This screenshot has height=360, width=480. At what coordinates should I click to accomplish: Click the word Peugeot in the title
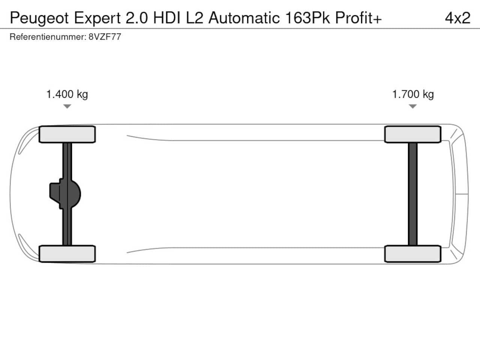(39, 18)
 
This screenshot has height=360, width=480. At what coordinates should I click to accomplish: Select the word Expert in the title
(97, 18)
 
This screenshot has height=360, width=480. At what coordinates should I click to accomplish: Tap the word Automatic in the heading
(244, 18)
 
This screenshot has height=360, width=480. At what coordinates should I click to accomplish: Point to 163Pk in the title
(307, 18)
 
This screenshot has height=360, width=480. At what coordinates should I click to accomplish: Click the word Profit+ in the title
(358, 18)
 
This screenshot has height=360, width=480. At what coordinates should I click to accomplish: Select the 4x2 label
(458, 18)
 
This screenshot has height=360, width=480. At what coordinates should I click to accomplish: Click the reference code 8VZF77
(105, 37)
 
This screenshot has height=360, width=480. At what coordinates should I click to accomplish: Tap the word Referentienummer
(48, 37)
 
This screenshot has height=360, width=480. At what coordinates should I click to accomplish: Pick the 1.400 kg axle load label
(67, 94)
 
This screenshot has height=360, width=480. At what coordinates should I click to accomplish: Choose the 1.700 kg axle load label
(413, 94)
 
